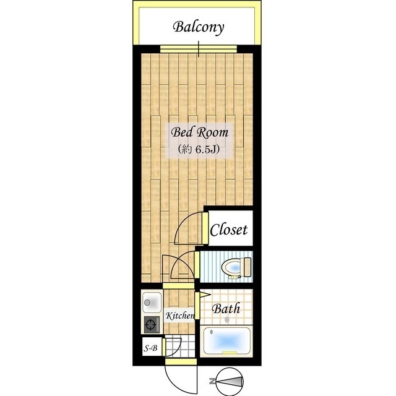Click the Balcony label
tap(199, 27)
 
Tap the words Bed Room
tap(199, 132)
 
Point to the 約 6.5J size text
tap(199, 150)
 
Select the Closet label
tap(228, 230)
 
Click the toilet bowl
tap(231, 267)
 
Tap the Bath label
tap(226, 309)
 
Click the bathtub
tap(226, 341)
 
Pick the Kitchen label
tap(180, 316)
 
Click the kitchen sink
tap(152, 303)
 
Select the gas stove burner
tap(151, 324)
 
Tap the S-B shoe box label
tap(150, 348)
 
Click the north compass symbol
tap(230, 381)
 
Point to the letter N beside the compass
tap(212, 381)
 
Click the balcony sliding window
tap(199, 49)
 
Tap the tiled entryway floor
tap(180, 347)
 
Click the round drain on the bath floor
tap(227, 320)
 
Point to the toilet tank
tap(246, 267)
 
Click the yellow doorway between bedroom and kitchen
tap(178, 286)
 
